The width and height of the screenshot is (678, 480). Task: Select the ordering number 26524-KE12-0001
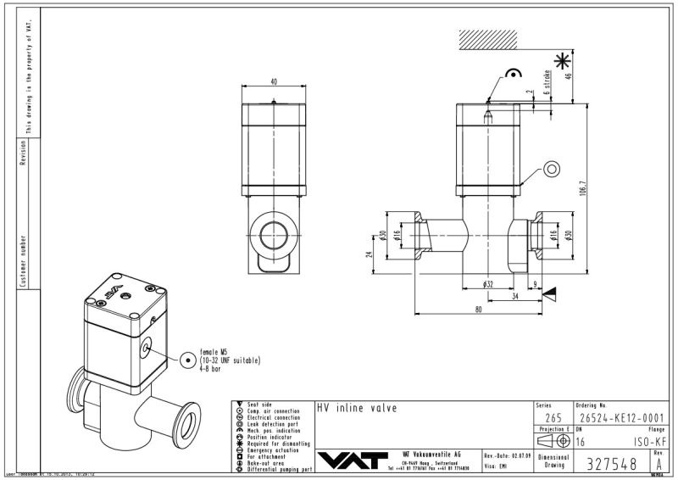click(x=619, y=417)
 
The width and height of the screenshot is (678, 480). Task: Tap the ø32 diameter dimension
click(x=489, y=283)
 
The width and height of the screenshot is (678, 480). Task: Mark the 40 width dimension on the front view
click(x=273, y=82)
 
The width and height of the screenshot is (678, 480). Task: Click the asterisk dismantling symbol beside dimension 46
click(x=561, y=60)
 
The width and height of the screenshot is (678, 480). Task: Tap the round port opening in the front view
click(x=273, y=233)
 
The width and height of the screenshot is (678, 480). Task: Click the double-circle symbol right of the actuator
click(x=552, y=169)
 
